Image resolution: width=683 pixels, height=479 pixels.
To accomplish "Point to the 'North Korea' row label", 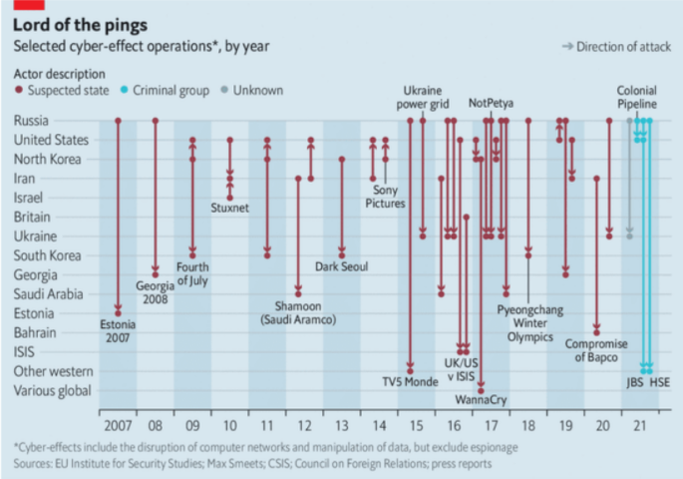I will click(x=47, y=159).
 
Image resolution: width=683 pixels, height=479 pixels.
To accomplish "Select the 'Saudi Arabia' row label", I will click(x=49, y=293).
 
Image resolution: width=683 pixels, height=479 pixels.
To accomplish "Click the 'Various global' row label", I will click(x=51, y=390).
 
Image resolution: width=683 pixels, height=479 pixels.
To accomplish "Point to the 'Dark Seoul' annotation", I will click(x=341, y=267).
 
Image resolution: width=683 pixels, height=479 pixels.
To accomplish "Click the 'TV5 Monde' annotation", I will click(x=409, y=382).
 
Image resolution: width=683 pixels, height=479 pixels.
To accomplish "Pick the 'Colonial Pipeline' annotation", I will click(x=636, y=97).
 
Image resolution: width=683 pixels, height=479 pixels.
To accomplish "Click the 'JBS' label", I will click(x=634, y=382).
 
